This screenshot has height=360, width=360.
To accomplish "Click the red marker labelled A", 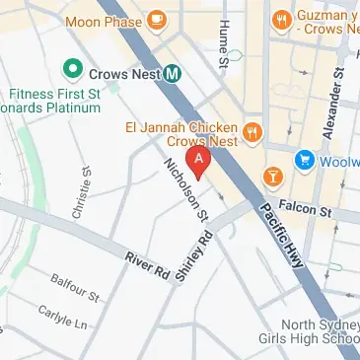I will pos(201,160).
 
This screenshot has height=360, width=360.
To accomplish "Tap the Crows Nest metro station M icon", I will pos(173,72).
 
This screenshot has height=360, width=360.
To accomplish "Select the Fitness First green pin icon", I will pos(71,69).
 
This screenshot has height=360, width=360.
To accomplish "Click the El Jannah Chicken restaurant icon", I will pos(253,132).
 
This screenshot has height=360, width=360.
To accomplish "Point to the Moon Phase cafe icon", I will pos(157,21).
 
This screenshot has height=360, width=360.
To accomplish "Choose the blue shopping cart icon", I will pos(305,159).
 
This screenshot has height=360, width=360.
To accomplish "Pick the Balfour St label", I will pos(75,289).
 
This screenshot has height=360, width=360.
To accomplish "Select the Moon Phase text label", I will pos(103,21).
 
